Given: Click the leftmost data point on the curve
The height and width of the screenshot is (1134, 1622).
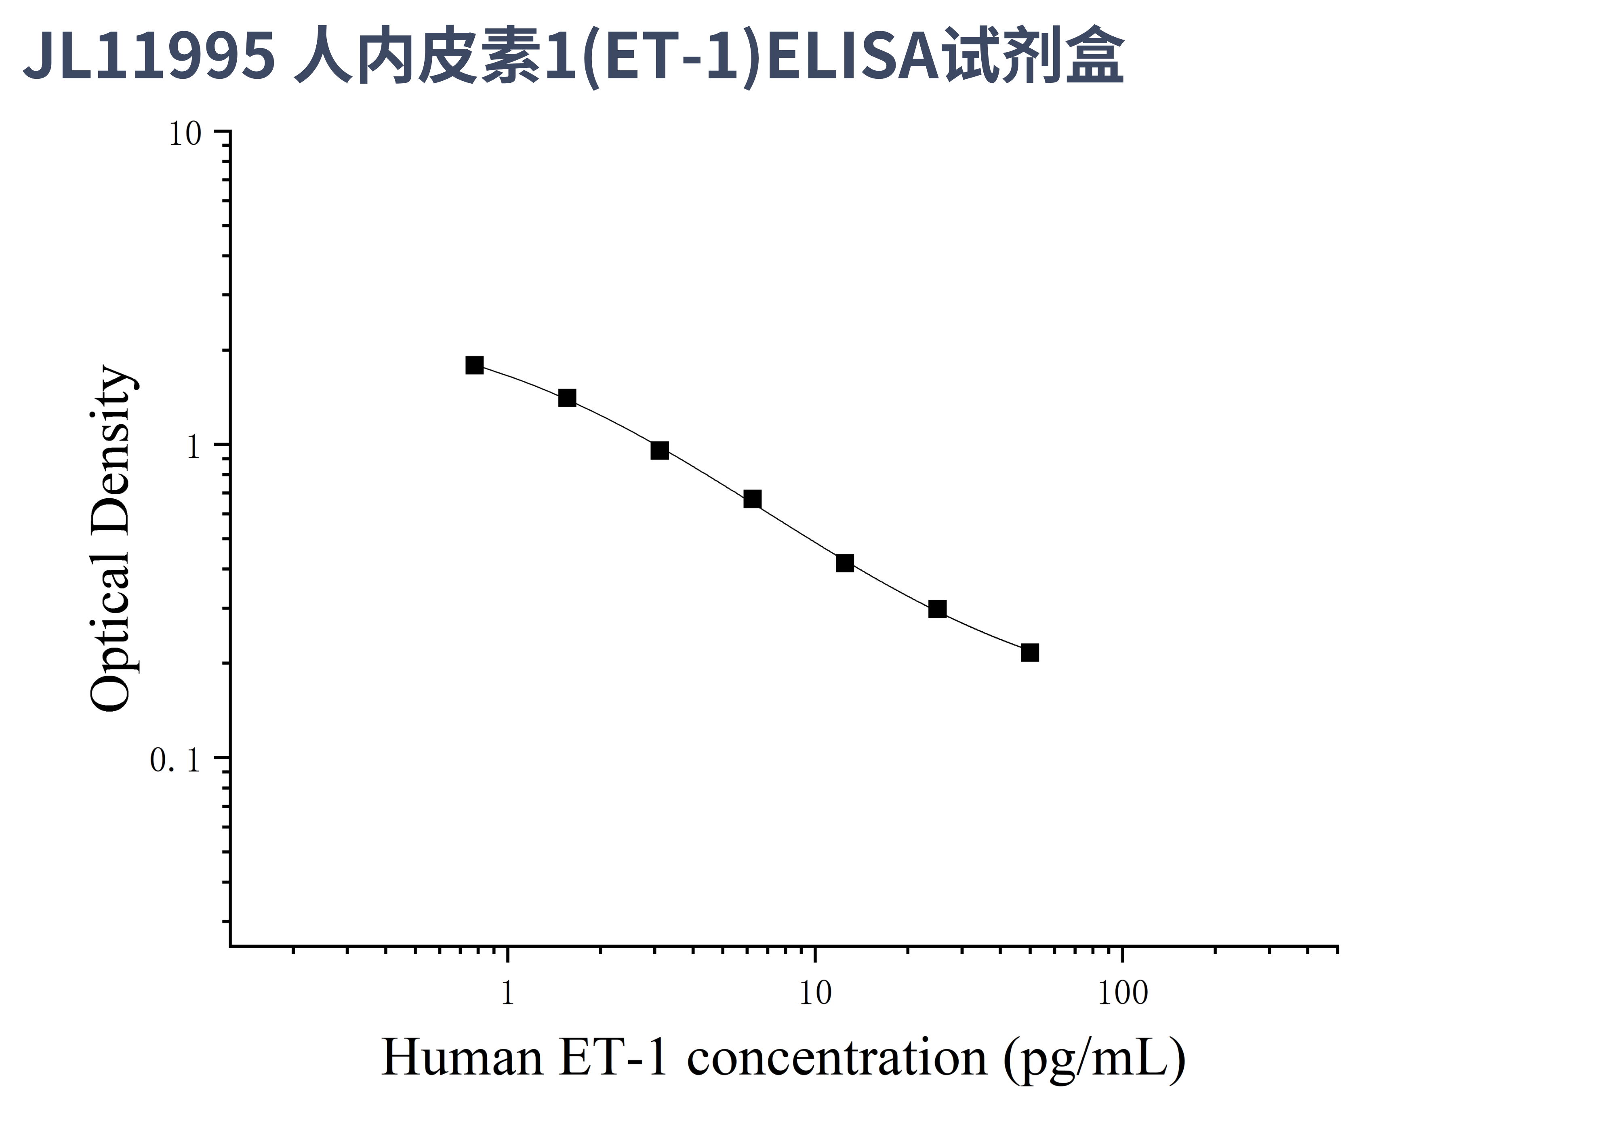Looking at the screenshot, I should [475, 365].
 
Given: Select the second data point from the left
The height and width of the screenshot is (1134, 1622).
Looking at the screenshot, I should [567, 398].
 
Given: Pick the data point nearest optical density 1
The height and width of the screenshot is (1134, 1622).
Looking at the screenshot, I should [660, 450].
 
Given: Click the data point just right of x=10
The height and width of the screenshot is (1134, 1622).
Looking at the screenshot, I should [845, 563].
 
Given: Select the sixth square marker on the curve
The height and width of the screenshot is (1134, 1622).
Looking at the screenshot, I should [938, 609].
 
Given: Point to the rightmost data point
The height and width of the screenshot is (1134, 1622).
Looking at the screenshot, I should [1030, 653].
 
